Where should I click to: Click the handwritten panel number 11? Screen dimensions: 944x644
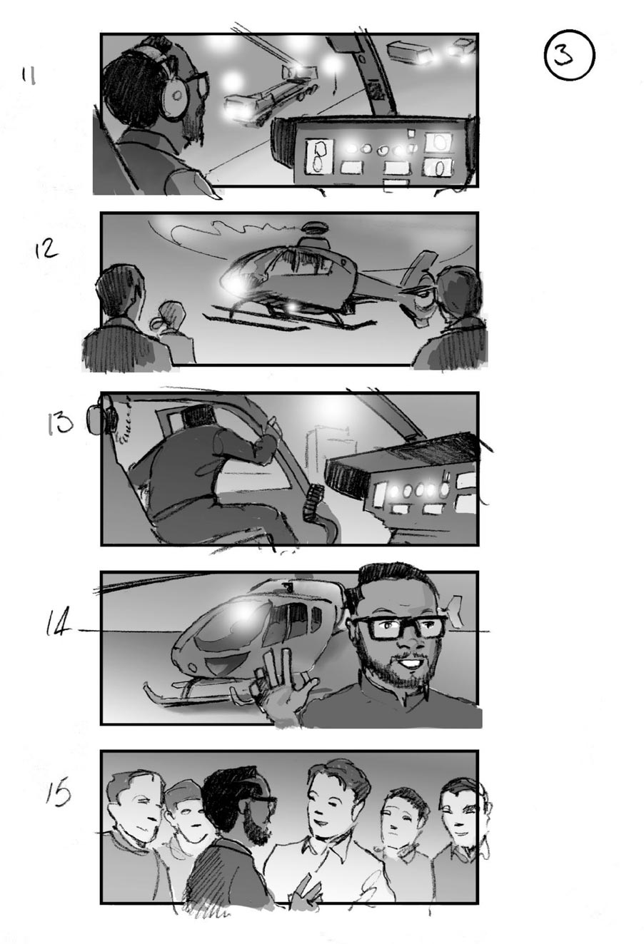(x=29, y=76)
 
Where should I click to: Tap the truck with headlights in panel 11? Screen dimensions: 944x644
(x=268, y=96)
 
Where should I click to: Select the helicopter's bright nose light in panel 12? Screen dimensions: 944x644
(x=235, y=285)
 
